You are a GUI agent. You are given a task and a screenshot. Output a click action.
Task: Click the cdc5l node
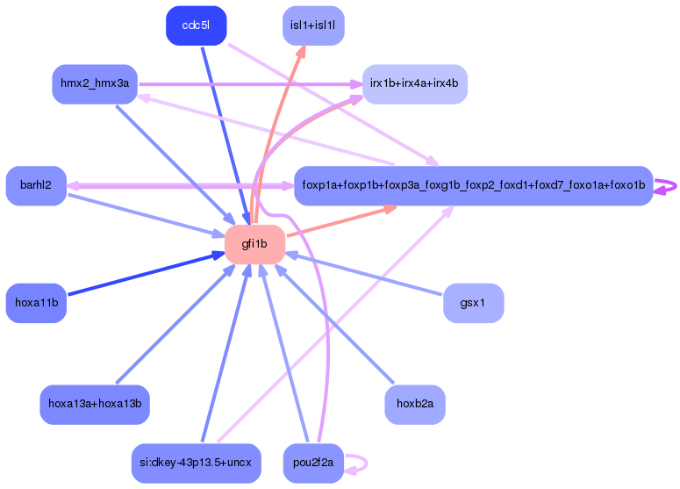[x=196, y=25]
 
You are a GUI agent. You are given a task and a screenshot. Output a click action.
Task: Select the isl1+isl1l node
[x=313, y=25]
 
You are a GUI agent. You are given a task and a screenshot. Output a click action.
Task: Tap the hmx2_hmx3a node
[x=95, y=84]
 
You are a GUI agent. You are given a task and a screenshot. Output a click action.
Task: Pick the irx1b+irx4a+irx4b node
[x=415, y=84]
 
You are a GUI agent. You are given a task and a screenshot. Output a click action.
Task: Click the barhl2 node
[x=36, y=186]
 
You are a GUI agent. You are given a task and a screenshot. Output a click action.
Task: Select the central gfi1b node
[x=254, y=244]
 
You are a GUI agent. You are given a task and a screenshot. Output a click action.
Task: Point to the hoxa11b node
[x=36, y=303]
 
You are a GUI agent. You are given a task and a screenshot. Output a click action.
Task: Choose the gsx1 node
[x=473, y=303]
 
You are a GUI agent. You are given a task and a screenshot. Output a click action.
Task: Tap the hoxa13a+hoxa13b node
[x=95, y=405]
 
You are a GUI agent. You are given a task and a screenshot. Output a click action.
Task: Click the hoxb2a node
[x=415, y=405]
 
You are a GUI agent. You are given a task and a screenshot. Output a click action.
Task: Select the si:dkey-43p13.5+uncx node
[x=196, y=463]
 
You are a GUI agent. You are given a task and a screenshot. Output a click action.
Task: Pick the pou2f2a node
[x=313, y=463]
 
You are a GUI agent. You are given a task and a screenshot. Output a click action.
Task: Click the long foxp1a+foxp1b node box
[x=473, y=186]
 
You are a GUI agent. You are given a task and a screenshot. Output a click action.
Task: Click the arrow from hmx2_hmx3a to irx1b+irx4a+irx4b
[x=250, y=84]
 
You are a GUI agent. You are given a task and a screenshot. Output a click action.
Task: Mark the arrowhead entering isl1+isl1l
[x=301, y=52]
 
